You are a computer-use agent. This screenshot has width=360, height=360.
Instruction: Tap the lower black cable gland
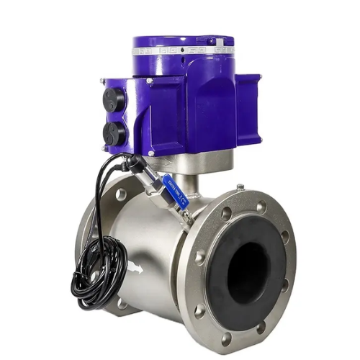(x=113, y=133)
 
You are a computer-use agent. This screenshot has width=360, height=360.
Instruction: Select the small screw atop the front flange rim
(x=239, y=188)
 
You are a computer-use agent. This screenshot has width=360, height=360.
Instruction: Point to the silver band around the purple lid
(x=183, y=50)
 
